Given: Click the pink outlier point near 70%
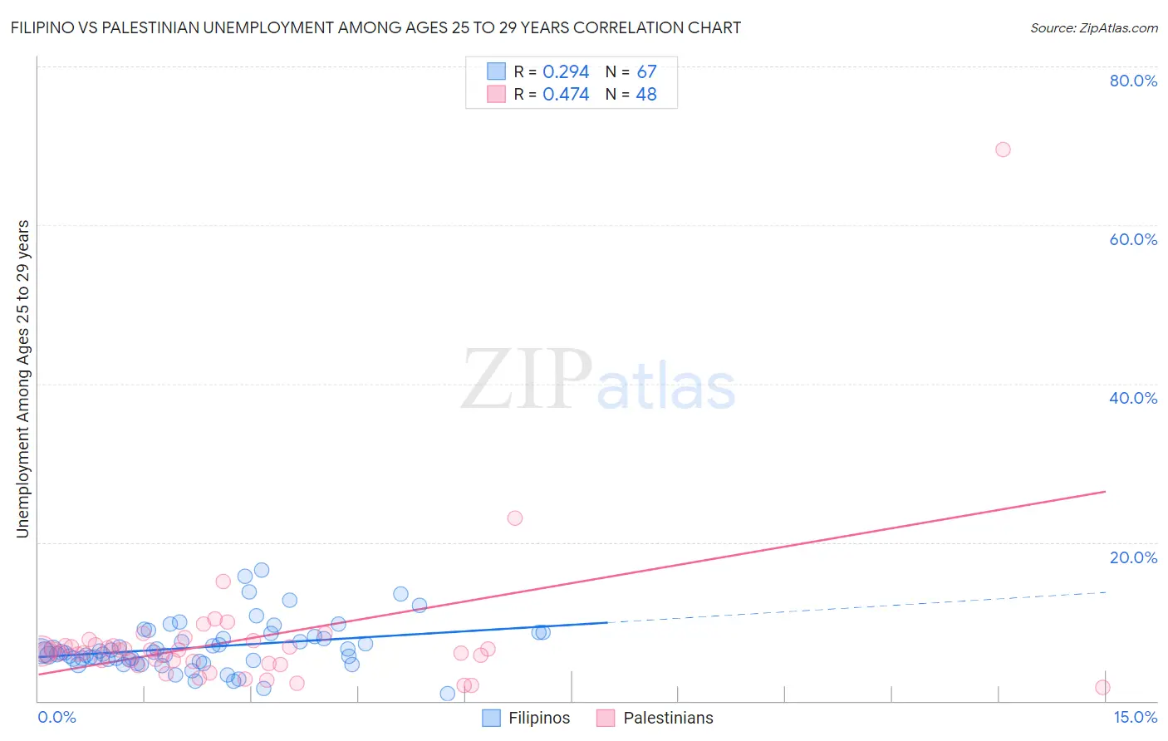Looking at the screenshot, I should click(x=1003, y=150).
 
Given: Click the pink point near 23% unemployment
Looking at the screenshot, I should click(x=515, y=518).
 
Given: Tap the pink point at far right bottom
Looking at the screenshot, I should click(x=1102, y=687).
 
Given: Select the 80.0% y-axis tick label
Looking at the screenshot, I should click(x=1133, y=81).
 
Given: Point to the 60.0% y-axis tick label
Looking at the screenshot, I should click(x=1133, y=239).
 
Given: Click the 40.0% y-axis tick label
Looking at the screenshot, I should click(x=1133, y=398).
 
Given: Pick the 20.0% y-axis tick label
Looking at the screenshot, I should click(x=1133, y=557).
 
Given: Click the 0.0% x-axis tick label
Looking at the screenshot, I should click(x=56, y=717).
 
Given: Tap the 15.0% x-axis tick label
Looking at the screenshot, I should click(x=1135, y=717).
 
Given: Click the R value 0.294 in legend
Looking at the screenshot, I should click(x=566, y=72).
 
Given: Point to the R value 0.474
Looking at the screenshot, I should click(x=566, y=95).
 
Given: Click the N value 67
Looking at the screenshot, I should click(x=646, y=72).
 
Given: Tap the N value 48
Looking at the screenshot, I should click(x=646, y=95).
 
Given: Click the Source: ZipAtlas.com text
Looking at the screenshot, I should click(x=1093, y=28).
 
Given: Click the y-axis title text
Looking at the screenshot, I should click(x=23, y=379).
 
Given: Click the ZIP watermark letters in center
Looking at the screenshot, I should click(x=527, y=380).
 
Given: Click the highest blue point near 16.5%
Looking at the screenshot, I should click(x=262, y=570).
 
